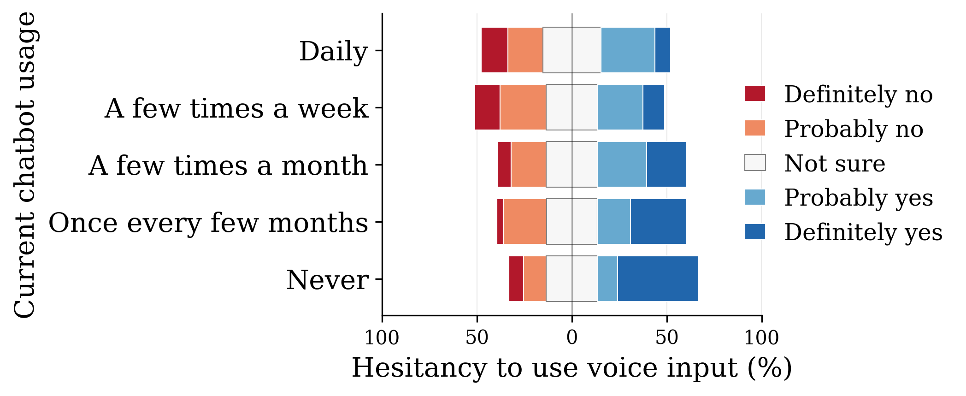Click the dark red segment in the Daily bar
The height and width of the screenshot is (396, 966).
pyautogui.click(x=494, y=50)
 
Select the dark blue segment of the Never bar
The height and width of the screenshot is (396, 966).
pyautogui.click(x=658, y=278)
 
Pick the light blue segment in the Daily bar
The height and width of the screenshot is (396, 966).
pyautogui.click(x=628, y=50)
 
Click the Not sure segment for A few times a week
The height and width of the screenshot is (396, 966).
pyautogui.click(x=571, y=107)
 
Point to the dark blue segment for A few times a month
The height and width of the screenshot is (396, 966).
pyautogui.click(x=666, y=164)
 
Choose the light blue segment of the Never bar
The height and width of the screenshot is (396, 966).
pyautogui.click(x=607, y=278)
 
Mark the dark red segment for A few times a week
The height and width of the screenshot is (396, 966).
pyautogui.click(x=487, y=107)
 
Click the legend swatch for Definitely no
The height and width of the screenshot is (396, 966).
pyautogui.click(x=755, y=94)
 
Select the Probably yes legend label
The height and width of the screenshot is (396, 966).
pyautogui.click(x=858, y=198)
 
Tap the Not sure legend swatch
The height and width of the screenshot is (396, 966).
pyautogui.click(x=755, y=163)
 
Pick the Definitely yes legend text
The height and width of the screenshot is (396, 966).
pyautogui.click(x=863, y=232)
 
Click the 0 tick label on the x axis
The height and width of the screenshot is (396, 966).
pyautogui.click(x=571, y=338)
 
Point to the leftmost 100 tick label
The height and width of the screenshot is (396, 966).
pyautogui.click(x=382, y=338)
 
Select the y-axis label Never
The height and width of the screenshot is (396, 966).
pyautogui.click(x=327, y=280)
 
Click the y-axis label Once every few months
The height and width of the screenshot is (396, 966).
pyautogui.click(x=208, y=223)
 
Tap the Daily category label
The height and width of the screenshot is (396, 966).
pyautogui.click(x=333, y=51)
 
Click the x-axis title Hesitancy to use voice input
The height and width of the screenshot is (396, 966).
pyautogui.click(x=571, y=368)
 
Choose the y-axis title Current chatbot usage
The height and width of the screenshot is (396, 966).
pyautogui.click(x=24, y=165)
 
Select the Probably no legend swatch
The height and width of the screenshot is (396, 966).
pyautogui.click(x=755, y=128)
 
